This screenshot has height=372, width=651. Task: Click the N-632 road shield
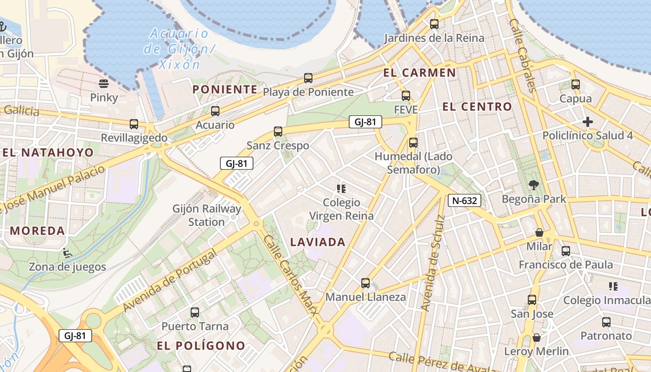464,200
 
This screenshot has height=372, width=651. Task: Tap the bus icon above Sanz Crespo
278,132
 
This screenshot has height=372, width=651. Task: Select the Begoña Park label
534,199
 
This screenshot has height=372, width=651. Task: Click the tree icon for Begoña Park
534,185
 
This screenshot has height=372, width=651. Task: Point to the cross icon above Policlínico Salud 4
588,122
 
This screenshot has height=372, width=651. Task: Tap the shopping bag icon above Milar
539,232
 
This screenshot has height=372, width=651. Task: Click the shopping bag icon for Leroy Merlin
537,337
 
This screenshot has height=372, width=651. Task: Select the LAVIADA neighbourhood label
318,242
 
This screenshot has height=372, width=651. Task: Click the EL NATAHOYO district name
48,153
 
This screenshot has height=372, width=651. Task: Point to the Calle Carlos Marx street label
291,282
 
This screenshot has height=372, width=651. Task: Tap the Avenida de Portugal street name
171,280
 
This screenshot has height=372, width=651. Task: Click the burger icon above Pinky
104,84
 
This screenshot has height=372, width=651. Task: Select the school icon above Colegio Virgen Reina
342,188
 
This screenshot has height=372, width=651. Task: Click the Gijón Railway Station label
207,215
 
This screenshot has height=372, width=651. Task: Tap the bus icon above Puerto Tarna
195,312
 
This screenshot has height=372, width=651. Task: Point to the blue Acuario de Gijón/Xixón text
179,48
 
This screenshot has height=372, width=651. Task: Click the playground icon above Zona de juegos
67,253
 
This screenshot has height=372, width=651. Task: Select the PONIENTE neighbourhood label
225,89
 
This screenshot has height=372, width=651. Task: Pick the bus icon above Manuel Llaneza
365,283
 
